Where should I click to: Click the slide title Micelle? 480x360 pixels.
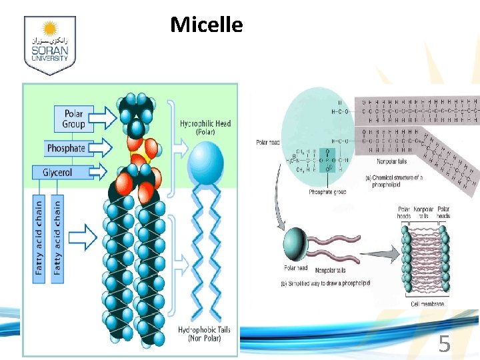206,25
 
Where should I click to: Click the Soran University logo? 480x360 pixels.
50,45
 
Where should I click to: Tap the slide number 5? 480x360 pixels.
444,345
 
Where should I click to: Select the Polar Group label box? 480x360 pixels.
73,118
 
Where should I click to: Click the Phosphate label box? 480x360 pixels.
66,147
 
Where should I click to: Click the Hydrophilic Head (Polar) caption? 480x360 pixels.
205,127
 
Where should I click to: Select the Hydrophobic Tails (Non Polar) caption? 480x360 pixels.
205,334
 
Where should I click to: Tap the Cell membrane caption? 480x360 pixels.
425,304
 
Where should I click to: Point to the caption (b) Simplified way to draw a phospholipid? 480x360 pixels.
325,283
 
